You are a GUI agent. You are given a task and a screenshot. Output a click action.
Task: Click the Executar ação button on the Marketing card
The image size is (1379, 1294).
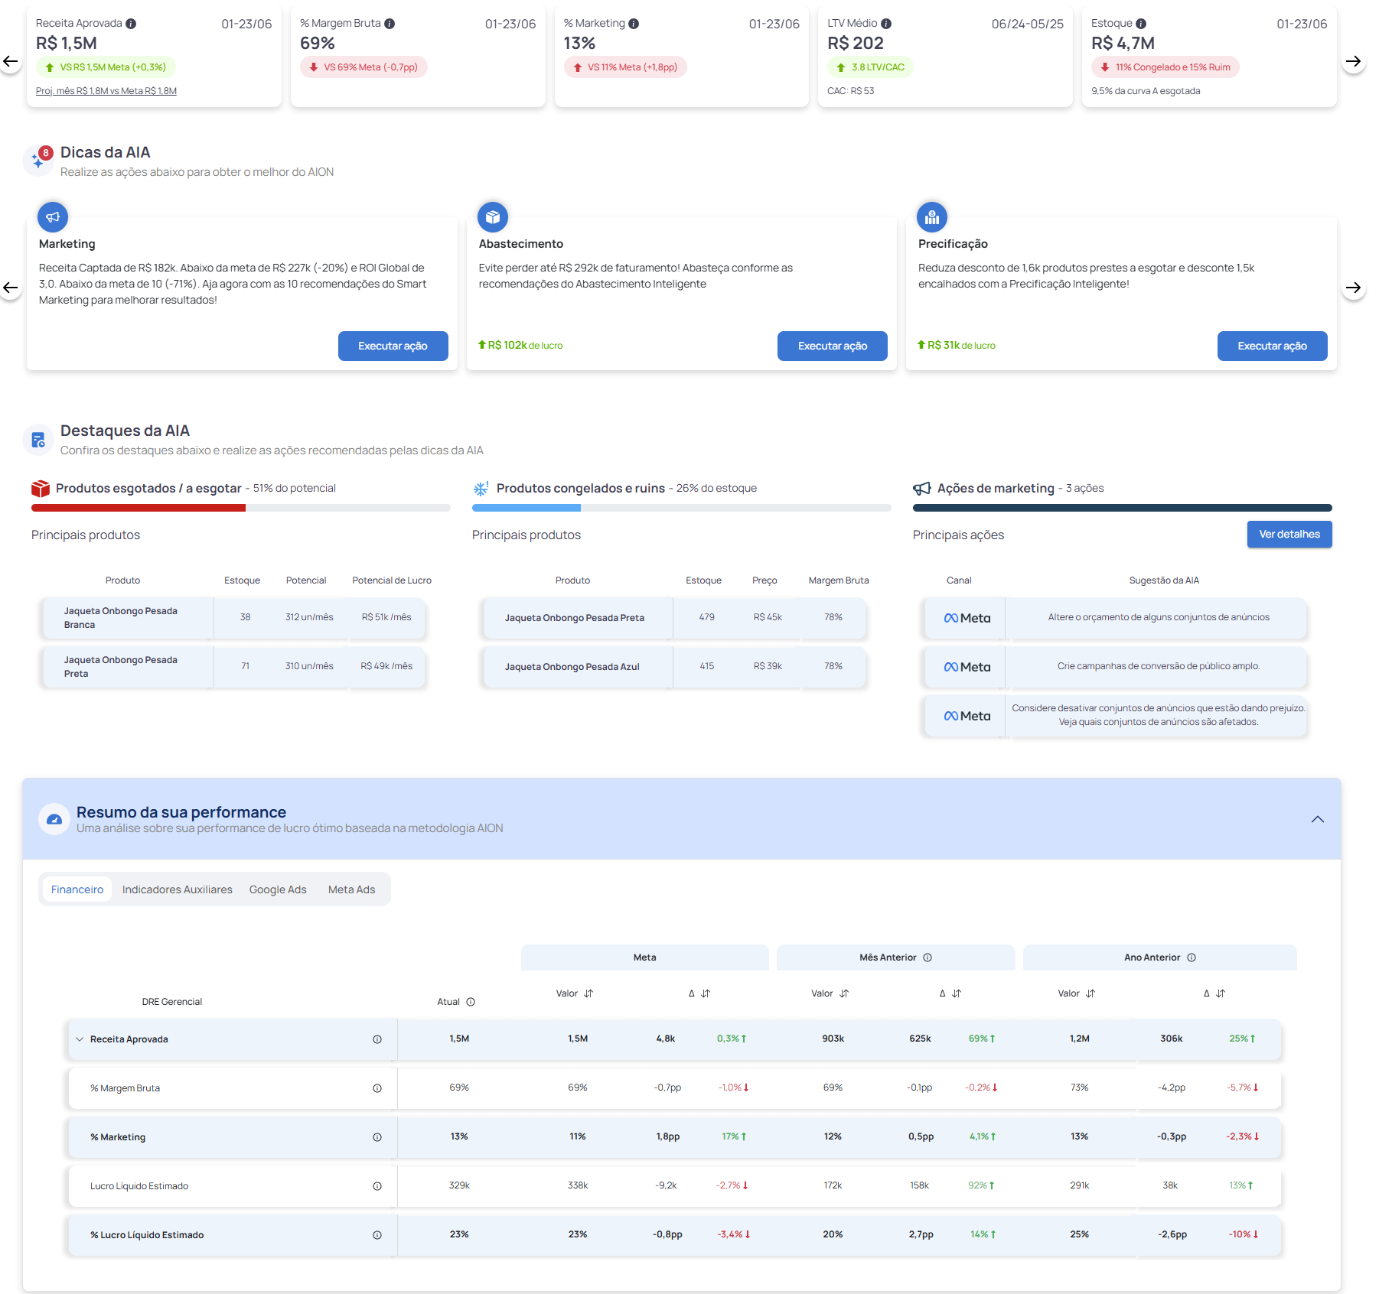pyautogui.click(x=393, y=346)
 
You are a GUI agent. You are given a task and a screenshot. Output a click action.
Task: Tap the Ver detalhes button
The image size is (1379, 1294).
pyautogui.click(x=1289, y=534)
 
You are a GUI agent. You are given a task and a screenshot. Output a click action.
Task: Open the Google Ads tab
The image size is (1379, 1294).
pyautogui.click(x=278, y=889)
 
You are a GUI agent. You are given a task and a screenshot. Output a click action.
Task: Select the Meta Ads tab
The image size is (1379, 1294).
pyautogui.click(x=351, y=889)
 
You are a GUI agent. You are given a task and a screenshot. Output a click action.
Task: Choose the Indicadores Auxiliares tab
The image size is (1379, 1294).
pyautogui.click(x=177, y=889)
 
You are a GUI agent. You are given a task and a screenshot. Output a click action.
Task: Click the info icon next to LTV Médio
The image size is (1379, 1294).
pyautogui.click(x=886, y=24)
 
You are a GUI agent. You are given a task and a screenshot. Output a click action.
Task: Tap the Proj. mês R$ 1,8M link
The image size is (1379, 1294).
pyautogui.click(x=106, y=91)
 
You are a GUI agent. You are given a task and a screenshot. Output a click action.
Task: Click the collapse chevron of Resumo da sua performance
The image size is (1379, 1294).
pyautogui.click(x=1317, y=819)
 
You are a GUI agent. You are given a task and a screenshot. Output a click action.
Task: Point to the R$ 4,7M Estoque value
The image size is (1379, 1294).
pyautogui.click(x=1122, y=44)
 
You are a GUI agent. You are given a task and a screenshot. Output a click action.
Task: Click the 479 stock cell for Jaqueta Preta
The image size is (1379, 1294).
pyautogui.click(x=706, y=617)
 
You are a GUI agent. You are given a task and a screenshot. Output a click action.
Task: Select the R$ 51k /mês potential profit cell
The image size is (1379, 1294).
pyautogui.click(x=386, y=617)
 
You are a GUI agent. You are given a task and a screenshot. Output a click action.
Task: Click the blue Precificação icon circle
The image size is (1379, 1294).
pyautogui.click(x=931, y=217)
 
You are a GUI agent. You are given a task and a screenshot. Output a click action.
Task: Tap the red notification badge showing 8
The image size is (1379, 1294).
pyautogui.click(x=46, y=153)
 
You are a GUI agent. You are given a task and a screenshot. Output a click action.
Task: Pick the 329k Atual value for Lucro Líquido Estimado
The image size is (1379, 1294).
pyautogui.click(x=459, y=1185)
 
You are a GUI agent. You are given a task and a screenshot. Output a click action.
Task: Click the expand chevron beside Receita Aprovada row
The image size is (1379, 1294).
pyautogui.click(x=80, y=1039)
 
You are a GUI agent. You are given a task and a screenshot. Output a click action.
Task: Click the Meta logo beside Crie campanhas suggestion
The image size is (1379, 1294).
pyautogui.click(x=967, y=667)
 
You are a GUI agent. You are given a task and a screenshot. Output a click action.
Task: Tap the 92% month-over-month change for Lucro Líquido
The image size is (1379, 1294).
pyautogui.click(x=980, y=1185)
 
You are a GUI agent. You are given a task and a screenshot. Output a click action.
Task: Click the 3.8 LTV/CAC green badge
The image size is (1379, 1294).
pyautogui.click(x=870, y=67)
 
